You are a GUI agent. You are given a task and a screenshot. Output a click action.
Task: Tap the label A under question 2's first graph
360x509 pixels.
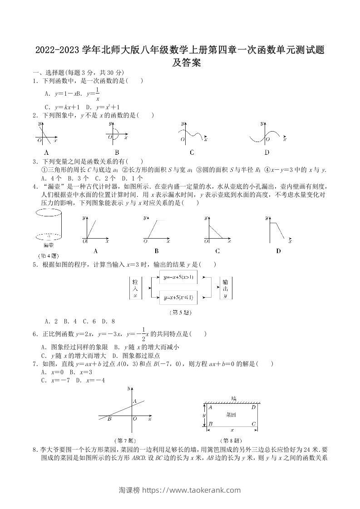pyautogui.click(x=47, y=152)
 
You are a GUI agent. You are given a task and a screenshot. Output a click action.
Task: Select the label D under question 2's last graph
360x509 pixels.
pyautogui.click(x=266, y=152)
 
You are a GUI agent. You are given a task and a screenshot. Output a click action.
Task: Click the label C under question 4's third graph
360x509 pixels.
pyautogui.click(x=217, y=251)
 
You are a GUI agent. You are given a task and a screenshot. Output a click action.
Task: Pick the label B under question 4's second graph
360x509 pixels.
pyautogui.click(x=156, y=251)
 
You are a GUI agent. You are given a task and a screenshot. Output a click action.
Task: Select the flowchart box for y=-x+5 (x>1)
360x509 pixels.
pyautogui.click(x=178, y=277)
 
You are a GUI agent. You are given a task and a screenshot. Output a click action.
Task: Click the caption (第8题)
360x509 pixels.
pyautogui.click(x=230, y=440)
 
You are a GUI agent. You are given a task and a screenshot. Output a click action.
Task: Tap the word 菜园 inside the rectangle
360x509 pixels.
pyautogui.click(x=231, y=415)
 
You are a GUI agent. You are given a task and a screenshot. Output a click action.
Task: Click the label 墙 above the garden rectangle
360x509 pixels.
pyautogui.click(x=233, y=398)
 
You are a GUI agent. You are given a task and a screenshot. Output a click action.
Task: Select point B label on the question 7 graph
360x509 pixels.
pyautogui.click(x=109, y=419)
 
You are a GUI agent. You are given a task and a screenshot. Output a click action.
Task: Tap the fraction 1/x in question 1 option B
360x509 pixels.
pyautogui.click(x=97, y=94)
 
